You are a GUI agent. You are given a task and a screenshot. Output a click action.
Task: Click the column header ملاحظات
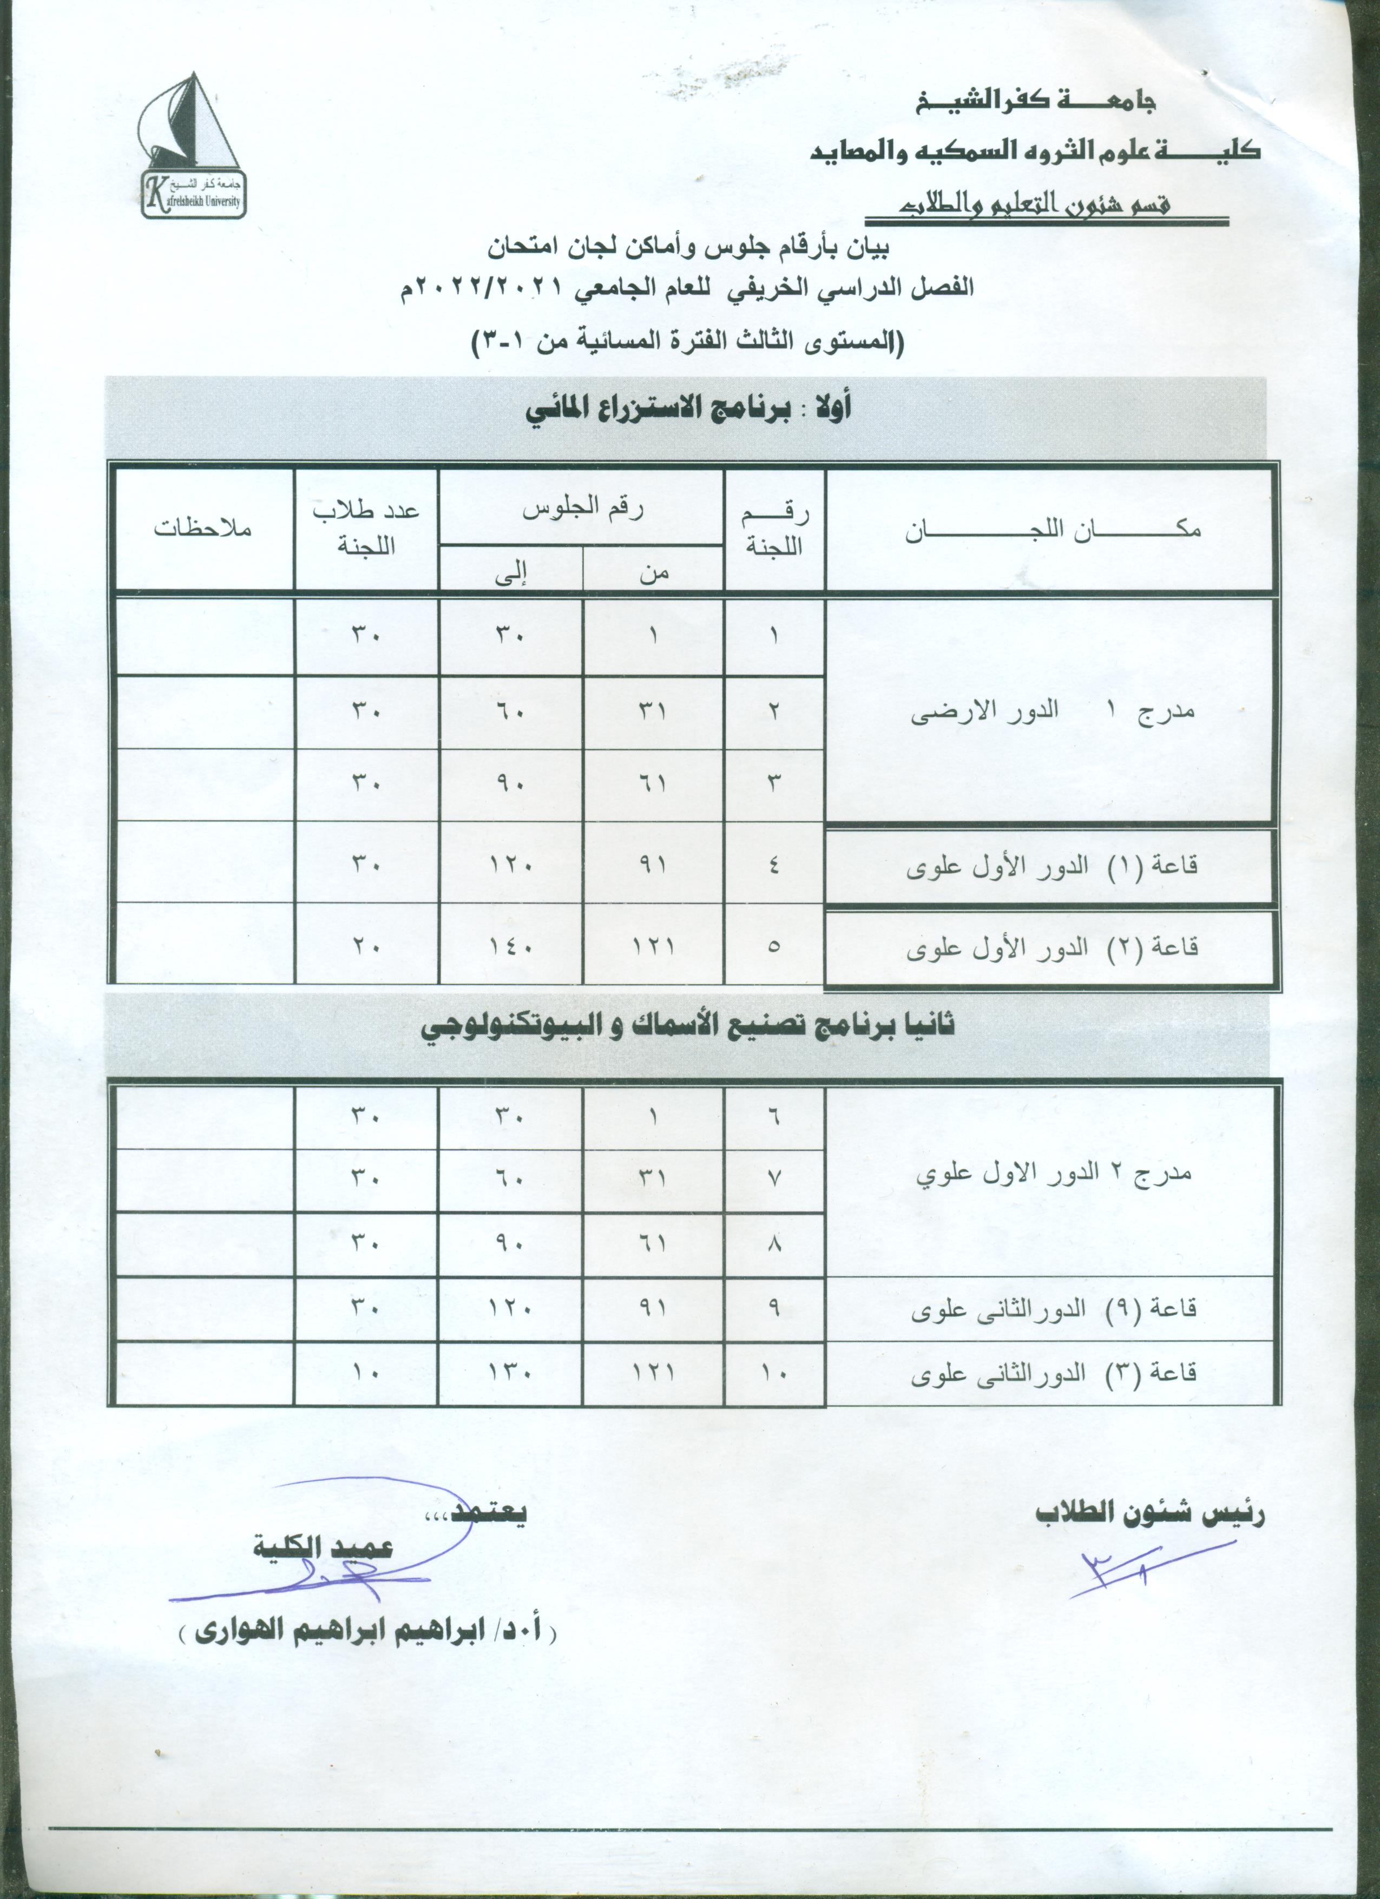pyautogui.click(x=202, y=529)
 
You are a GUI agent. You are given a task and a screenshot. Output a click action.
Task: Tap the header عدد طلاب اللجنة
pyautogui.click(x=366, y=529)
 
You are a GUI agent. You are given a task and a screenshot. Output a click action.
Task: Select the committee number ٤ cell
pyautogui.click(x=774, y=865)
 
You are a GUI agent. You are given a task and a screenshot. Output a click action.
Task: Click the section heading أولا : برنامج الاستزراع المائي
pyautogui.click(x=687, y=410)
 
